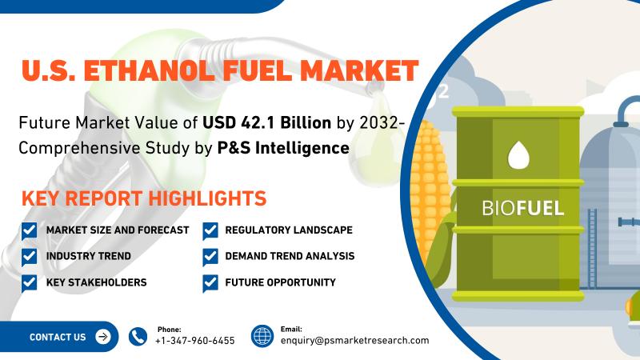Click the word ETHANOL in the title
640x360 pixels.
coord(149,70)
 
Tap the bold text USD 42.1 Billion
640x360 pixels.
coord(267,122)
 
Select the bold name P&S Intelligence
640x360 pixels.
coord(283,148)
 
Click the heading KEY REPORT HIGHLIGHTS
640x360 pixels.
coord(144,198)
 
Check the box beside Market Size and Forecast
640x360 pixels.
coord(29,231)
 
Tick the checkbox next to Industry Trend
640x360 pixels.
coord(29,257)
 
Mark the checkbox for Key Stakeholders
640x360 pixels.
coord(29,283)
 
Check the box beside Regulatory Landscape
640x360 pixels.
coord(210,231)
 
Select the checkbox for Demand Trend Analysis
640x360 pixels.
coord(210,257)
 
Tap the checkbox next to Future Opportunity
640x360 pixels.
coord(210,283)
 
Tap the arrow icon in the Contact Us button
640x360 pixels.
coord(103,337)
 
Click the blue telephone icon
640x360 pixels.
coord(138,337)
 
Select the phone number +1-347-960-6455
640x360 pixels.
coord(195,341)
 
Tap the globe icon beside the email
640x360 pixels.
coord(262,336)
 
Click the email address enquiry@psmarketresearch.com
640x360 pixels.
coord(354,341)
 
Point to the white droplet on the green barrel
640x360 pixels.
coord(518,155)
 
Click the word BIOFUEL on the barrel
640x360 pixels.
coord(523,208)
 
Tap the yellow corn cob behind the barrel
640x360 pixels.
coord(430,188)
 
